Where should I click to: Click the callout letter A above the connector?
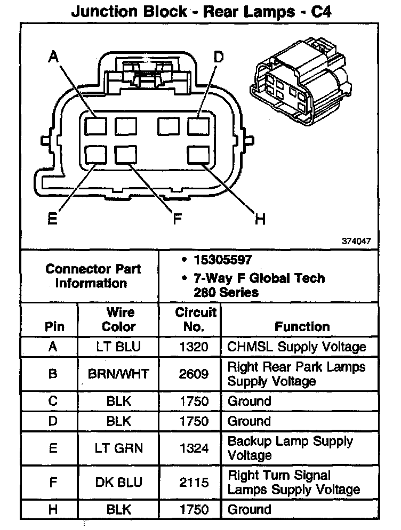53,57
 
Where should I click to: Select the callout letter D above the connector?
218,57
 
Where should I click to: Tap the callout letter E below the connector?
52,219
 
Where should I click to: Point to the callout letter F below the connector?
177,219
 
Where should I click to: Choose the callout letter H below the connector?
260,219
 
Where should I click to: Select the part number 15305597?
223,260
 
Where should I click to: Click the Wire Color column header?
118,319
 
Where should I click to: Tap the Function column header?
302,326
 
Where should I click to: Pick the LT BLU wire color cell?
118,347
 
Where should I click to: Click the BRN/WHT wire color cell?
118,374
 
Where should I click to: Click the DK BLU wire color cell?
118,483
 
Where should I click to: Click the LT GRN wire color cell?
118,448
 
